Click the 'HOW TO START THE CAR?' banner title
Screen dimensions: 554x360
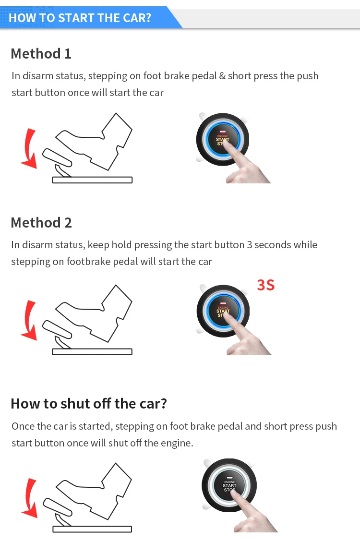(80, 18)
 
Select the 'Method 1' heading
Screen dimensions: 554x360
(41, 53)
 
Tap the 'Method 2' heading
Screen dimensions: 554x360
(41, 222)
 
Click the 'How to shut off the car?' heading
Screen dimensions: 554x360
(89, 403)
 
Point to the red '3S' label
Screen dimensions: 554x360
(265, 285)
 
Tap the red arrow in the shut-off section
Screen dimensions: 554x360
(29, 498)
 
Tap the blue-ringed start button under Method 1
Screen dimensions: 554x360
(222, 140)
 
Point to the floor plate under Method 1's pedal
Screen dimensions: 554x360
(92, 180)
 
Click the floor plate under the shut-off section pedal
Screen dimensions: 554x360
(92, 529)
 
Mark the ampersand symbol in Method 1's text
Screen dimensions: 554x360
(222, 76)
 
